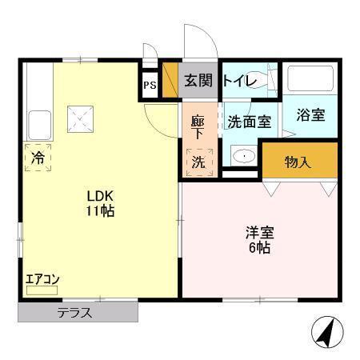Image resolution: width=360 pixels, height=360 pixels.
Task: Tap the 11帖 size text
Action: pos(101,211)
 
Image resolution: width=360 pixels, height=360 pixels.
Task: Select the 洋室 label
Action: pos(259,233)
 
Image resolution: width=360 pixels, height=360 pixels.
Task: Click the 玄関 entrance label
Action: pos(198,80)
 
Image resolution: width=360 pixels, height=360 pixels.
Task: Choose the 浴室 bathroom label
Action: pos(310,114)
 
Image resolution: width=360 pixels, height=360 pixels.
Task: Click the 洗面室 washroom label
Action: pos(249,122)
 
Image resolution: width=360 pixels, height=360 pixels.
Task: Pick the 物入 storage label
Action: pos(298,162)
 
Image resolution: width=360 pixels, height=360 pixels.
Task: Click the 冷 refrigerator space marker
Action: pos(38,158)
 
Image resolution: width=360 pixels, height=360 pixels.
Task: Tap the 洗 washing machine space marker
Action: pos(198,160)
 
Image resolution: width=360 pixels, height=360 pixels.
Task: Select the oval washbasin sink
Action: pos(245,156)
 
